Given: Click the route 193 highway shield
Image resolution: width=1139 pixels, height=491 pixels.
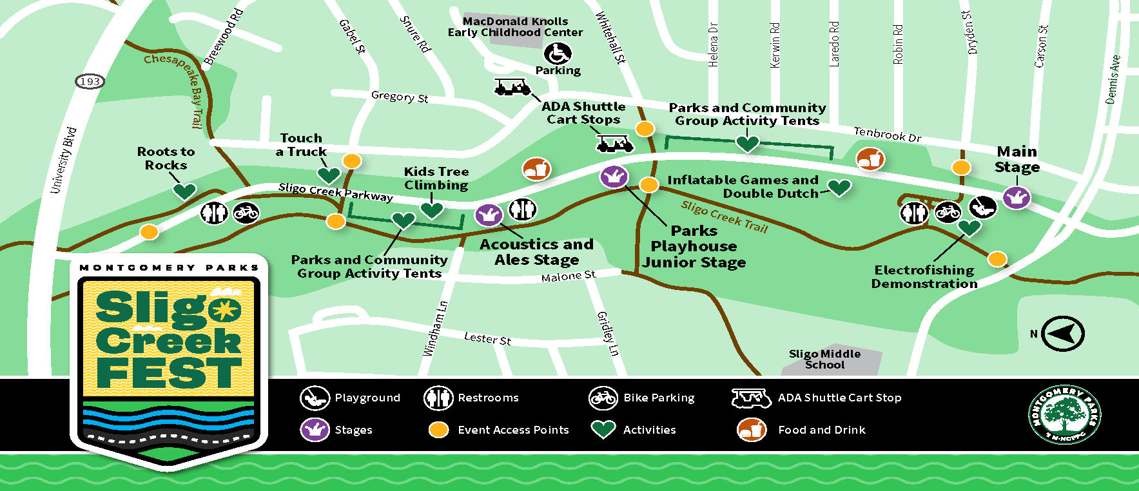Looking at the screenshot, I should (x=90, y=81).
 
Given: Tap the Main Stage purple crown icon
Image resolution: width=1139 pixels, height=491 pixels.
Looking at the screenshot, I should (x=1017, y=197).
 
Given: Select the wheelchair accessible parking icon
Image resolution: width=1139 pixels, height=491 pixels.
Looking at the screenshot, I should (x=557, y=54).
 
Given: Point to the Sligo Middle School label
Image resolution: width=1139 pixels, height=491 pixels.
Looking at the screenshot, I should (x=824, y=359).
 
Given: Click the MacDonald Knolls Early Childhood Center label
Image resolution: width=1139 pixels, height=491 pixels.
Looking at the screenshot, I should (x=515, y=27).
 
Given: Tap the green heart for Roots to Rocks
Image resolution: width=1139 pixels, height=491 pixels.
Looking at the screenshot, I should (x=184, y=191).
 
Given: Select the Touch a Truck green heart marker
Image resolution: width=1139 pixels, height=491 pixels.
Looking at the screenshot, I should (x=329, y=175).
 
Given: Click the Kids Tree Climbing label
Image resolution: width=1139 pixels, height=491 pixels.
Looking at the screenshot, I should (x=436, y=178).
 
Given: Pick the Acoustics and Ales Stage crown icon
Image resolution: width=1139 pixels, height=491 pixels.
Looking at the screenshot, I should (x=489, y=215).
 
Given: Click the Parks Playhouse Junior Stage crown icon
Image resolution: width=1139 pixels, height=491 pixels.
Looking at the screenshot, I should (x=614, y=176).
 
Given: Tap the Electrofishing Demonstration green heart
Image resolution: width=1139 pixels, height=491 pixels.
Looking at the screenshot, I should (x=969, y=227).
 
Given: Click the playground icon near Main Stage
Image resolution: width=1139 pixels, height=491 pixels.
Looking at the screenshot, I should (x=982, y=207).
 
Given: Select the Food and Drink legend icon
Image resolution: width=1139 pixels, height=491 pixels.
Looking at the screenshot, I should (x=751, y=430).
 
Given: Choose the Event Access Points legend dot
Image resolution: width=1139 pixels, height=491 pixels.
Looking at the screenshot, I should (x=438, y=430).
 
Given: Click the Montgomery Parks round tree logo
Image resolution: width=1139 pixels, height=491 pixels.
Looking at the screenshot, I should (x=1064, y=415).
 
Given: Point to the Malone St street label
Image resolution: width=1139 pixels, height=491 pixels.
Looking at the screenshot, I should (x=568, y=276).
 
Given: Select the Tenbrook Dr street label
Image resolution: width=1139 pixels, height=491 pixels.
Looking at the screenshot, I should (x=887, y=134).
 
